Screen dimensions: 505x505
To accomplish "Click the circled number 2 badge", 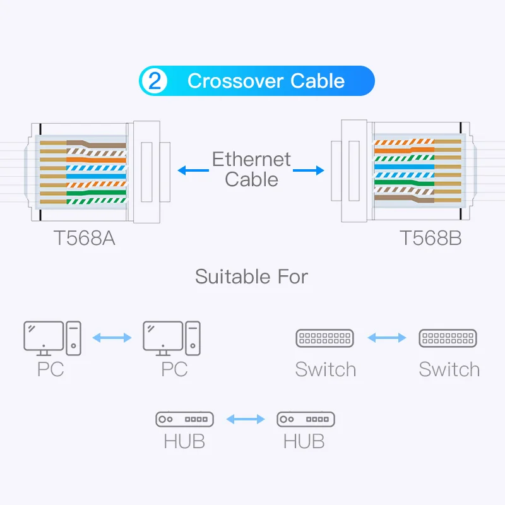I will coord(155,81).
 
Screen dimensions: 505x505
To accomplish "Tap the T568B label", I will coord(431,239).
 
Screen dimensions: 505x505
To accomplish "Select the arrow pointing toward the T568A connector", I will coord(193,170).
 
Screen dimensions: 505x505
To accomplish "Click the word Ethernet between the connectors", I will coord(251,159).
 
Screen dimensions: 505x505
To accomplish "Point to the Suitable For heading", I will coord(251,276).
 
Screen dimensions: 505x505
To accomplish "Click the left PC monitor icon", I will coord(43,335).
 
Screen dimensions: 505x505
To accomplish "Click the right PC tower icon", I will coord(193,336).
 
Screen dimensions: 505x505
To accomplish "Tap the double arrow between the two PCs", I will coord(112,337).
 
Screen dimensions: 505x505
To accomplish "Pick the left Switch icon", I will coord(324,338).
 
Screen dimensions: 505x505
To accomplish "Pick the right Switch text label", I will coord(449,369).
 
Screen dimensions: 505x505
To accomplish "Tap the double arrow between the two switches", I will coord(386,338).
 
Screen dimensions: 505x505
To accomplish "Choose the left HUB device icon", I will coord(184,419).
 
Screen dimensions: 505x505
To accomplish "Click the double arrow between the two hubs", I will coord(245,419).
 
